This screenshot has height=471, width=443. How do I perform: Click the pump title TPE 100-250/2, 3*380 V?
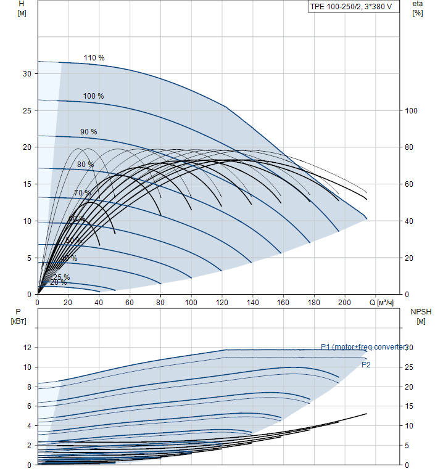pyautogui.click(x=350, y=7)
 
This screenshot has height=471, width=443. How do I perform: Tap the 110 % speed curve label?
pyautogui.click(x=94, y=58)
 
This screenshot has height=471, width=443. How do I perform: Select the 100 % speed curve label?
pyautogui.click(x=93, y=96)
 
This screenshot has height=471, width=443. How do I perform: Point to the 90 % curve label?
pyautogui.click(x=88, y=132)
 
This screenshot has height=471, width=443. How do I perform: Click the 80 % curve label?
pyautogui.click(x=85, y=165)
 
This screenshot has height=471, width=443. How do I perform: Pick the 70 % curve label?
pyautogui.click(x=82, y=193)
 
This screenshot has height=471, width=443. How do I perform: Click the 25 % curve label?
pyautogui.click(x=62, y=277)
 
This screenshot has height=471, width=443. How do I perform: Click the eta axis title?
pyautogui.click(x=417, y=4)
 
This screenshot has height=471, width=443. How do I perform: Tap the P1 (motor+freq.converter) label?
pyautogui.click(x=363, y=347)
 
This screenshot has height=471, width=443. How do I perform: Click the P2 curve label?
pyautogui.click(x=366, y=365)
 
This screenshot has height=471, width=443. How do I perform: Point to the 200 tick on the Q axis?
pyautogui.click(x=344, y=303)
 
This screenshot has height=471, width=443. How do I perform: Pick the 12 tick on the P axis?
pyautogui.click(x=27, y=348)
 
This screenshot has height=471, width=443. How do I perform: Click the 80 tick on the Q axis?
pyautogui.click(x=160, y=303)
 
